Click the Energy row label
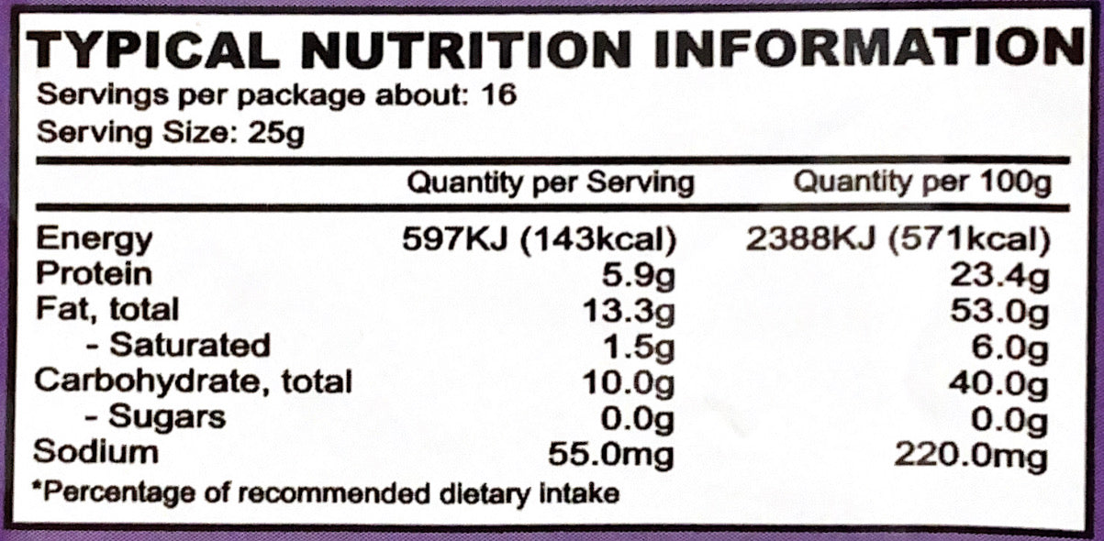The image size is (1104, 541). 94,240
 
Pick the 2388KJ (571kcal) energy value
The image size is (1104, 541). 898,240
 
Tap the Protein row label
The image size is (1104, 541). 94,274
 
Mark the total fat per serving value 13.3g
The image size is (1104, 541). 630,310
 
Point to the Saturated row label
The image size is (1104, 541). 189,345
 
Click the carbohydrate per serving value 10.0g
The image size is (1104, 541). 630,381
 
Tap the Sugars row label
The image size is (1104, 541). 166,417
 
